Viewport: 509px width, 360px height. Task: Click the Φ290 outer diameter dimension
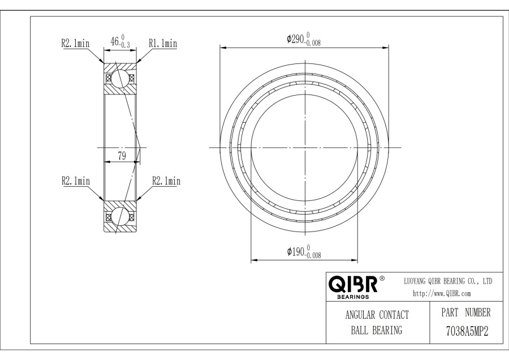coord(304,39)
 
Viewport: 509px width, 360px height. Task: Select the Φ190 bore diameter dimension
coord(304,252)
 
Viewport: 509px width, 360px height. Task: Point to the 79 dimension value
coord(122,156)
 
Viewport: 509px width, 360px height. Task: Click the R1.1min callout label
coord(163,43)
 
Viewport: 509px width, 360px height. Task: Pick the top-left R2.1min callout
coord(75,43)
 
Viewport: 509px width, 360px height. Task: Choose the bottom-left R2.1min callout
coord(76,181)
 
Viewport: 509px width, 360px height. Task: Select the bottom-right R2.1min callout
coord(166,181)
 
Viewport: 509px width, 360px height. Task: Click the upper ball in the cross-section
coord(120,78)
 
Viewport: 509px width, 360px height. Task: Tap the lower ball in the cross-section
coord(120,216)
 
